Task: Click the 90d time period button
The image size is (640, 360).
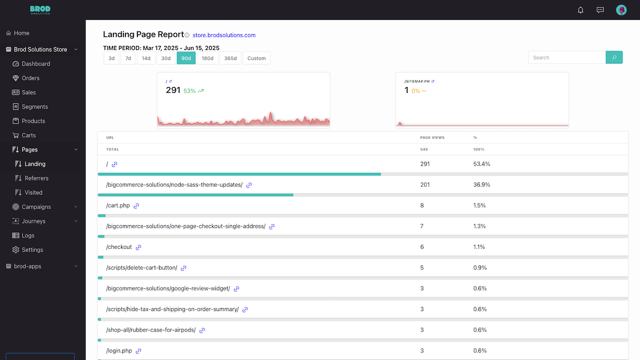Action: point(186,58)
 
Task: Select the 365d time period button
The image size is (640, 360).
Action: point(230,58)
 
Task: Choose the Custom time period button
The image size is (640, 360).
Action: point(256,58)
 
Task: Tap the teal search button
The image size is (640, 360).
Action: point(614,57)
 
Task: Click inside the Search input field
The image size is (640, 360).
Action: point(567,57)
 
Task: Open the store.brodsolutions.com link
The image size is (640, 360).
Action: point(224,35)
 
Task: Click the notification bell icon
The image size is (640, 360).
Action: point(580,10)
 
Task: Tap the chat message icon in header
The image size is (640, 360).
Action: point(600,10)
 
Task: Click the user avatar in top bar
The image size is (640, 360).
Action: point(621,10)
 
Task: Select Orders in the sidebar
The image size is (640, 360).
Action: point(30,78)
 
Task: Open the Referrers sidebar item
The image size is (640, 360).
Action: point(36,178)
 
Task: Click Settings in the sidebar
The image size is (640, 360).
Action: point(32,249)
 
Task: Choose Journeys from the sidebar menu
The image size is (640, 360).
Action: point(33,221)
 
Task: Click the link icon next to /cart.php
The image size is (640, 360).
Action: point(136,206)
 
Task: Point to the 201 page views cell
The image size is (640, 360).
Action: point(425,184)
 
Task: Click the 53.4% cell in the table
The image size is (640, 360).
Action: point(481,163)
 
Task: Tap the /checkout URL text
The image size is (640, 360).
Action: point(119,247)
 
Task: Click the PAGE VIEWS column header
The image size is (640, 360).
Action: point(432,137)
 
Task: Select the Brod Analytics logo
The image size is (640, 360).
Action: point(40,10)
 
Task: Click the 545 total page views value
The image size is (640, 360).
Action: point(424,149)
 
